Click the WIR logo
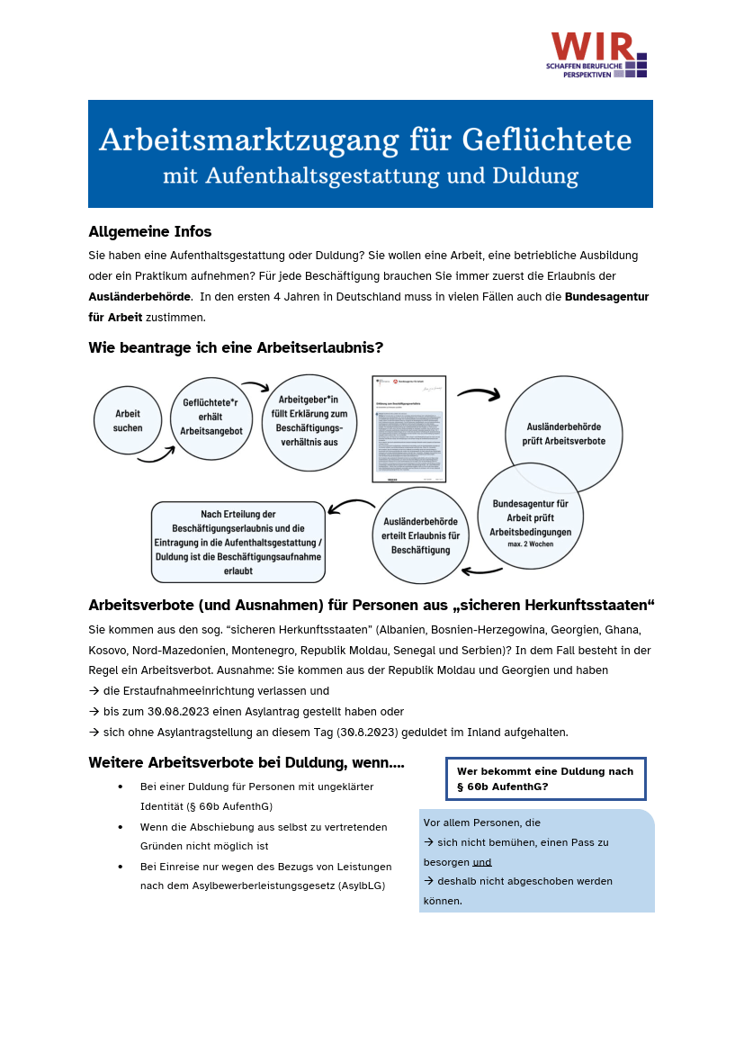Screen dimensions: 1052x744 point(597,54)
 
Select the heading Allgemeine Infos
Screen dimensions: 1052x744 point(149,231)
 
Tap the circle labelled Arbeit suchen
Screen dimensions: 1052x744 point(128,420)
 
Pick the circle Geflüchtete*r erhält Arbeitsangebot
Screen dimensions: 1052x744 point(211,418)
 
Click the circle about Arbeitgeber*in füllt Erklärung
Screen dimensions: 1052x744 point(309,422)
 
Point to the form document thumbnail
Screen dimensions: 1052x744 point(409,428)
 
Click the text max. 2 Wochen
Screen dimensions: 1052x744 point(531,544)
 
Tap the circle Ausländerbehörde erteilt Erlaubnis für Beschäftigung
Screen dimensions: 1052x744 point(420,535)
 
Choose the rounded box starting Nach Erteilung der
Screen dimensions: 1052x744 point(238,542)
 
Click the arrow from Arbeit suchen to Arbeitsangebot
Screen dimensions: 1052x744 point(156,456)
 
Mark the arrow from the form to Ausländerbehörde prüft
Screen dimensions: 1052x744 point(479,393)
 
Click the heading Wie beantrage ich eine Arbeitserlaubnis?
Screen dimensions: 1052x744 point(236,347)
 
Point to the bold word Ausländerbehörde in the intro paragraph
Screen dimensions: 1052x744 point(139,296)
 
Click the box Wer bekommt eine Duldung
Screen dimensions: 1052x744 point(545,778)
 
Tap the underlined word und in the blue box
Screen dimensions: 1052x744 point(482,862)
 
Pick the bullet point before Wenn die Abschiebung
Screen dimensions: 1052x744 point(121,826)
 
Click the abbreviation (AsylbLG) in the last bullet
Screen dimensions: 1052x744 point(362,886)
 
